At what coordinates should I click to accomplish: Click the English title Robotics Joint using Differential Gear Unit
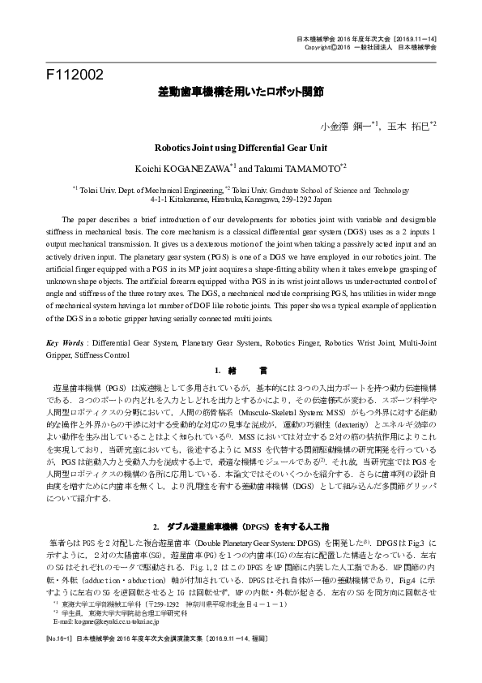[x=241, y=148]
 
